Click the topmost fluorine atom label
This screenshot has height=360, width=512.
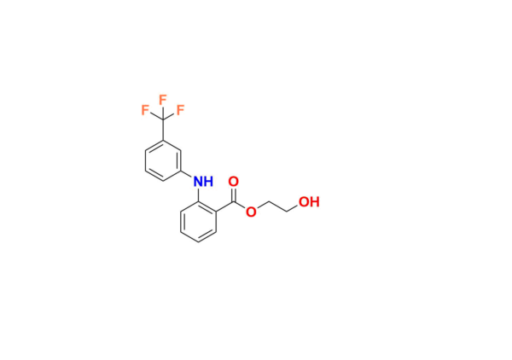pyautogui.click(x=162, y=99)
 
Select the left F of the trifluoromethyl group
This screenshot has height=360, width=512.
pyautogui.click(x=145, y=110)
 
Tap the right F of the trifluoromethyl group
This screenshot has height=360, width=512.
pyautogui.click(x=180, y=110)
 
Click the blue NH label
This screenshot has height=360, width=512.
pyautogui.click(x=203, y=182)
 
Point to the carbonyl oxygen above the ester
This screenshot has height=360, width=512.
pyautogui.click(x=233, y=182)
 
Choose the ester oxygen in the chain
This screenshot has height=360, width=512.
pyautogui.click(x=251, y=212)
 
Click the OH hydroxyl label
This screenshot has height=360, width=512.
pyautogui.click(x=309, y=202)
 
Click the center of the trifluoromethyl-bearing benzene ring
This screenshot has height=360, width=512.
pyautogui.click(x=163, y=160)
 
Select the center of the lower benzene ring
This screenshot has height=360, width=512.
pyautogui.click(x=199, y=222)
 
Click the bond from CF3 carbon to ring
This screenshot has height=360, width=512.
pyautogui.click(x=163, y=130)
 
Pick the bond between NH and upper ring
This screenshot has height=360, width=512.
pyautogui.click(x=188, y=175)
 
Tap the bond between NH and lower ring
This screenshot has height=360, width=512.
pyautogui.click(x=200, y=195)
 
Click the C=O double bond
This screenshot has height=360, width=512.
pyautogui.click(x=233, y=193)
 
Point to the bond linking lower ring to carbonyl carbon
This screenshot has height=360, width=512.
pyautogui.click(x=225, y=206)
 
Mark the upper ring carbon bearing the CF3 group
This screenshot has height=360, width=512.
pyautogui.click(x=163, y=140)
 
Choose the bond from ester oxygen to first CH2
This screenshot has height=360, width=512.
pyautogui.click(x=260, y=206)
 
